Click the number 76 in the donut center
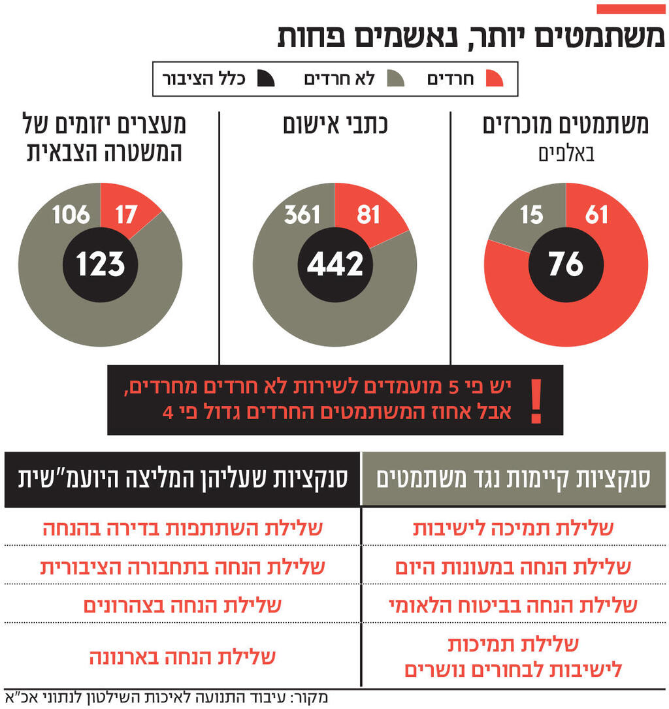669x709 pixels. click(x=566, y=264)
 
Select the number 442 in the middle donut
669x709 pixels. click(x=335, y=264)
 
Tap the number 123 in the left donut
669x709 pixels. click(x=100, y=264)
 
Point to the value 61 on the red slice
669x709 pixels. click(x=596, y=214)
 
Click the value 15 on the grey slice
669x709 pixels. click(x=532, y=214)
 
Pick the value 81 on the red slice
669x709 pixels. click(x=368, y=214)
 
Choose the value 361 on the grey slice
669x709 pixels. click(x=302, y=214)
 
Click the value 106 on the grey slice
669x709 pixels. click(x=71, y=214)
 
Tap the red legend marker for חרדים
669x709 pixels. click(x=495, y=79)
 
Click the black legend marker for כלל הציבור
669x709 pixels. click(x=266, y=79)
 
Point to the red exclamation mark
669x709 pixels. click(x=536, y=400)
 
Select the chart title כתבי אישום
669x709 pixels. click(x=334, y=125)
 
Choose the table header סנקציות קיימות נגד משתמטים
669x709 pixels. click(x=513, y=479)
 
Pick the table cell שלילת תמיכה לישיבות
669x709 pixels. click(x=513, y=528)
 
